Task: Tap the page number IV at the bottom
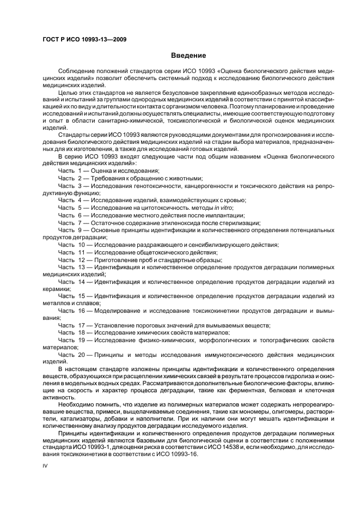coord(45,466)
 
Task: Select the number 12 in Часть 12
coord(82,259)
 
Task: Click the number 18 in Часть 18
coord(82,332)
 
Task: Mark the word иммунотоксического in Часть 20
coord(221,354)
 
